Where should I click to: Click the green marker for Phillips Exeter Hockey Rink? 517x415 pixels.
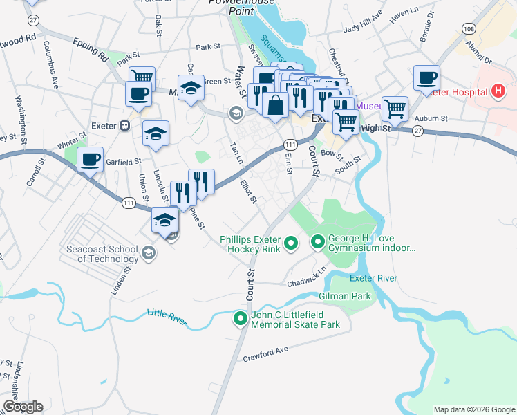coord(291,242)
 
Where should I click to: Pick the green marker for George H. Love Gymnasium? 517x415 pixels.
coord(318,242)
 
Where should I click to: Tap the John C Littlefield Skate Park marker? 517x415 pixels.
coord(241,319)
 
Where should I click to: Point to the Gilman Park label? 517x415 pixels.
coord(344,296)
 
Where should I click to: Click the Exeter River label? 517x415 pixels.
coord(373,278)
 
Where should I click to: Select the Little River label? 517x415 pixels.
coord(167,315)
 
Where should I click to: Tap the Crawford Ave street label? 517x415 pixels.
coord(265,353)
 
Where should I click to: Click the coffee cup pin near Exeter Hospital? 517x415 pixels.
coord(426,77)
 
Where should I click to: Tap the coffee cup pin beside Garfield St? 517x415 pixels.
coord(90,160)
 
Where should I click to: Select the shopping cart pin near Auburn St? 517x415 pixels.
coord(394,108)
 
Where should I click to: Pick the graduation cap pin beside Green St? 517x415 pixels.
coord(191,88)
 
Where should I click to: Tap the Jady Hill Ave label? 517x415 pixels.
coord(363,22)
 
